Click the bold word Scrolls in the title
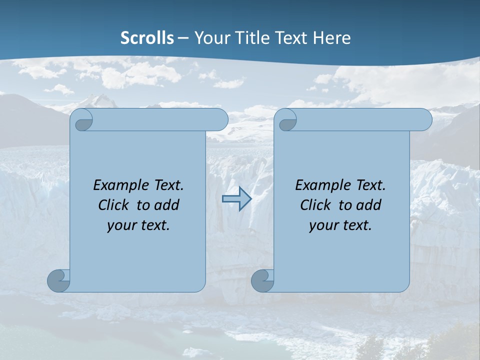[x=147, y=37]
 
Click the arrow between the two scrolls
[x=236, y=198]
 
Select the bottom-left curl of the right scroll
[x=263, y=280]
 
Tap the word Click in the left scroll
[x=113, y=205]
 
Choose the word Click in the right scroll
[x=315, y=205]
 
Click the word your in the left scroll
[x=120, y=225]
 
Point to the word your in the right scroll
[x=322, y=225]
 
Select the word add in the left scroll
[x=166, y=205]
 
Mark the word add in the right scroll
[x=368, y=205]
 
